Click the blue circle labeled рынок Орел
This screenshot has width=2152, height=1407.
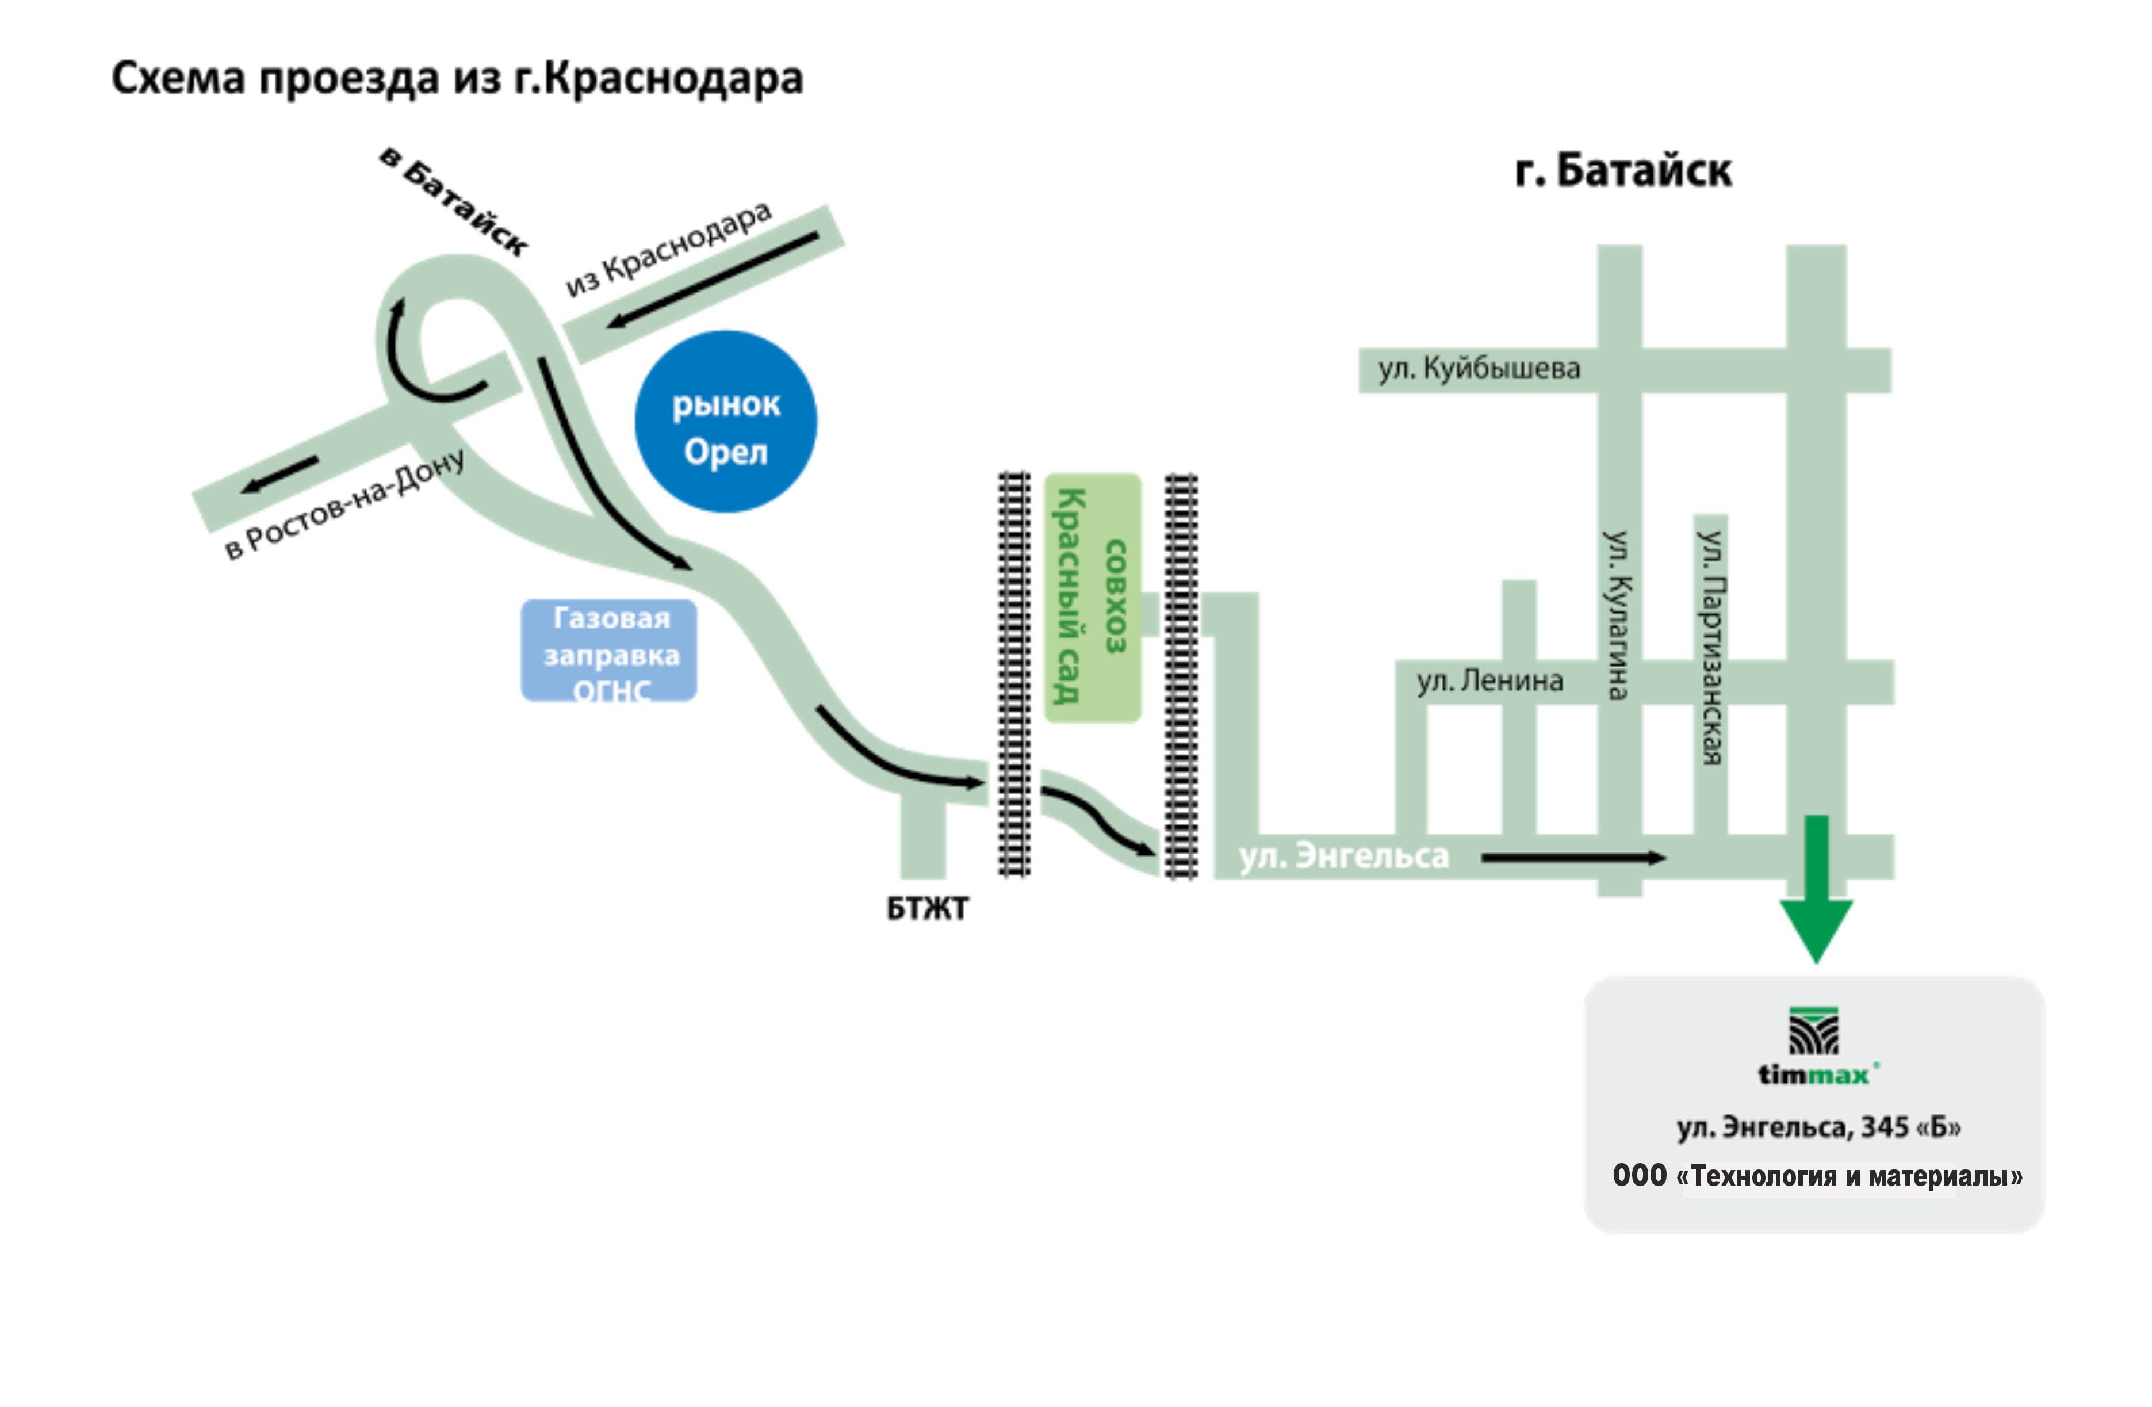pos(726,422)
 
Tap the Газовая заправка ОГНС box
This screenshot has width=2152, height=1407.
pos(610,651)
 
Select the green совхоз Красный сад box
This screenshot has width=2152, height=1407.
pos(1092,597)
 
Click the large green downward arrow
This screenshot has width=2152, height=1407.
pos(1816,895)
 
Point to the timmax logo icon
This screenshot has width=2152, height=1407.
pos(1814,1031)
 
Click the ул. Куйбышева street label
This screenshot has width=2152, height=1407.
pos(1479,369)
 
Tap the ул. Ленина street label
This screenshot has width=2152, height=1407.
pos(1489,680)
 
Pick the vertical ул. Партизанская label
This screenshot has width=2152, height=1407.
pos(1711,647)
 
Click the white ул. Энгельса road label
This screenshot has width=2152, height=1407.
pos(1343,855)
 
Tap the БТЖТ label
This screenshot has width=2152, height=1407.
pos(928,908)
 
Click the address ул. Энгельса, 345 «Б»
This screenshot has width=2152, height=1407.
pos(1818,1127)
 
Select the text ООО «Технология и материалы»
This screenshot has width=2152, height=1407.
pos(1817,1176)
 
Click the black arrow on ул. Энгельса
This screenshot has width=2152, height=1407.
pos(1573,857)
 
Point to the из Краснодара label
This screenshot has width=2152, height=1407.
pos(669,248)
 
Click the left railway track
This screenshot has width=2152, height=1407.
pos(1013,674)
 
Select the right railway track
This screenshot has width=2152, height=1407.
pos(1180,676)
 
